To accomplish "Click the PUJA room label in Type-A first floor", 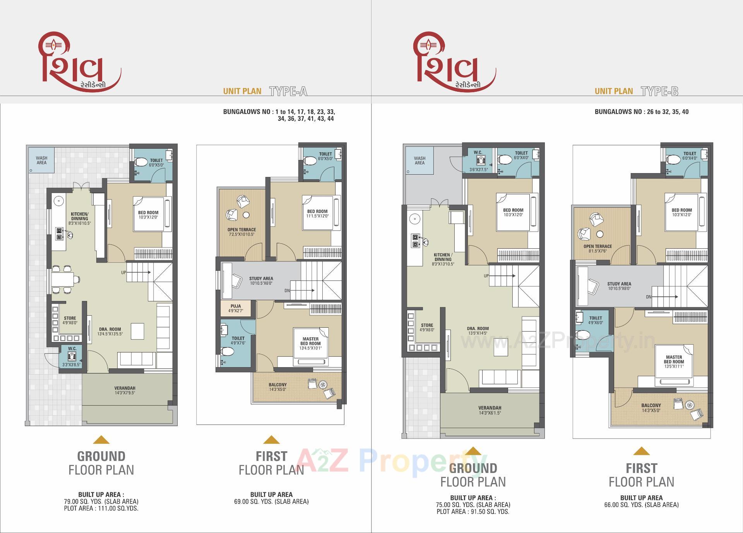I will [x=236, y=306].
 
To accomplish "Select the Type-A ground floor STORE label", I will [x=70, y=318].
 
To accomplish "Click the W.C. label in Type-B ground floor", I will [x=478, y=152].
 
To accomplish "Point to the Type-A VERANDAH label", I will [x=125, y=388].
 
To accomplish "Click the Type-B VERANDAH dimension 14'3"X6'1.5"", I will [x=490, y=413].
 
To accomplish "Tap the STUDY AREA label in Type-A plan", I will [x=261, y=279].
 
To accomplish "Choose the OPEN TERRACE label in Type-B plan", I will [x=597, y=246].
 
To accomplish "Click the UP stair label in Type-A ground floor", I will [x=123, y=272].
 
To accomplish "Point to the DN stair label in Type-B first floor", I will [x=649, y=297].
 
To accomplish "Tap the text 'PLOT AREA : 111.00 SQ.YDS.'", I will [x=101, y=508].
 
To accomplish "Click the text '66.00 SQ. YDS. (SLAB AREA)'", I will [x=641, y=505].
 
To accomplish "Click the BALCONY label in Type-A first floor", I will [x=278, y=385].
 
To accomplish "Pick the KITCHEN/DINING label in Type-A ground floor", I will [x=80, y=216].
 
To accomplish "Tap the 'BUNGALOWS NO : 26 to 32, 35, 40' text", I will [x=641, y=112].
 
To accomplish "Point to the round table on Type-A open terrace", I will [x=246, y=215].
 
